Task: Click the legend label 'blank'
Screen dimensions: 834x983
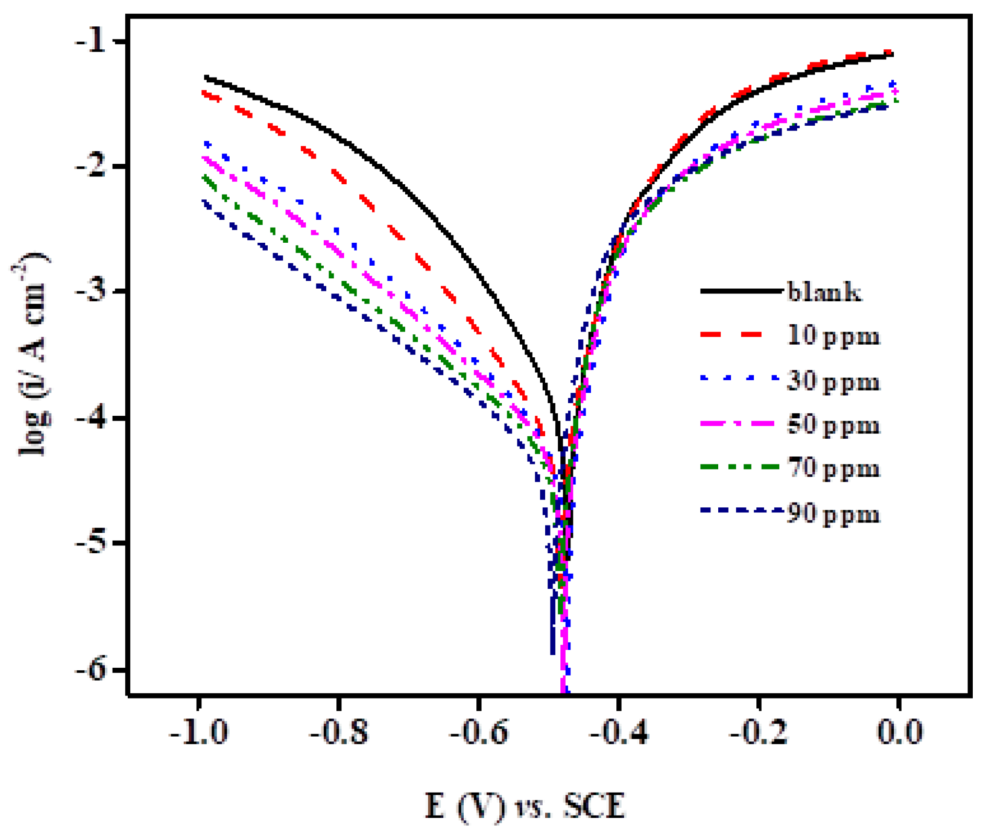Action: coord(824,292)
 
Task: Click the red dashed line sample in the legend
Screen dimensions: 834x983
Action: coord(731,334)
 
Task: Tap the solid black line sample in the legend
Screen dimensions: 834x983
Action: coord(740,291)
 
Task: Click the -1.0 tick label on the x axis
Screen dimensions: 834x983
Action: coord(198,733)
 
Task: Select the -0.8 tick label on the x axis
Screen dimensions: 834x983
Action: coord(339,733)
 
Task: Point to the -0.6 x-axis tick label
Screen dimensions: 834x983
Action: coord(479,733)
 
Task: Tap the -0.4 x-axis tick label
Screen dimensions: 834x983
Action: coord(619,733)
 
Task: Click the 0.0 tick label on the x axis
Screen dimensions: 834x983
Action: coord(900,733)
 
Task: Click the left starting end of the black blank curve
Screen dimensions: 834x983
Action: coord(207,77)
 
